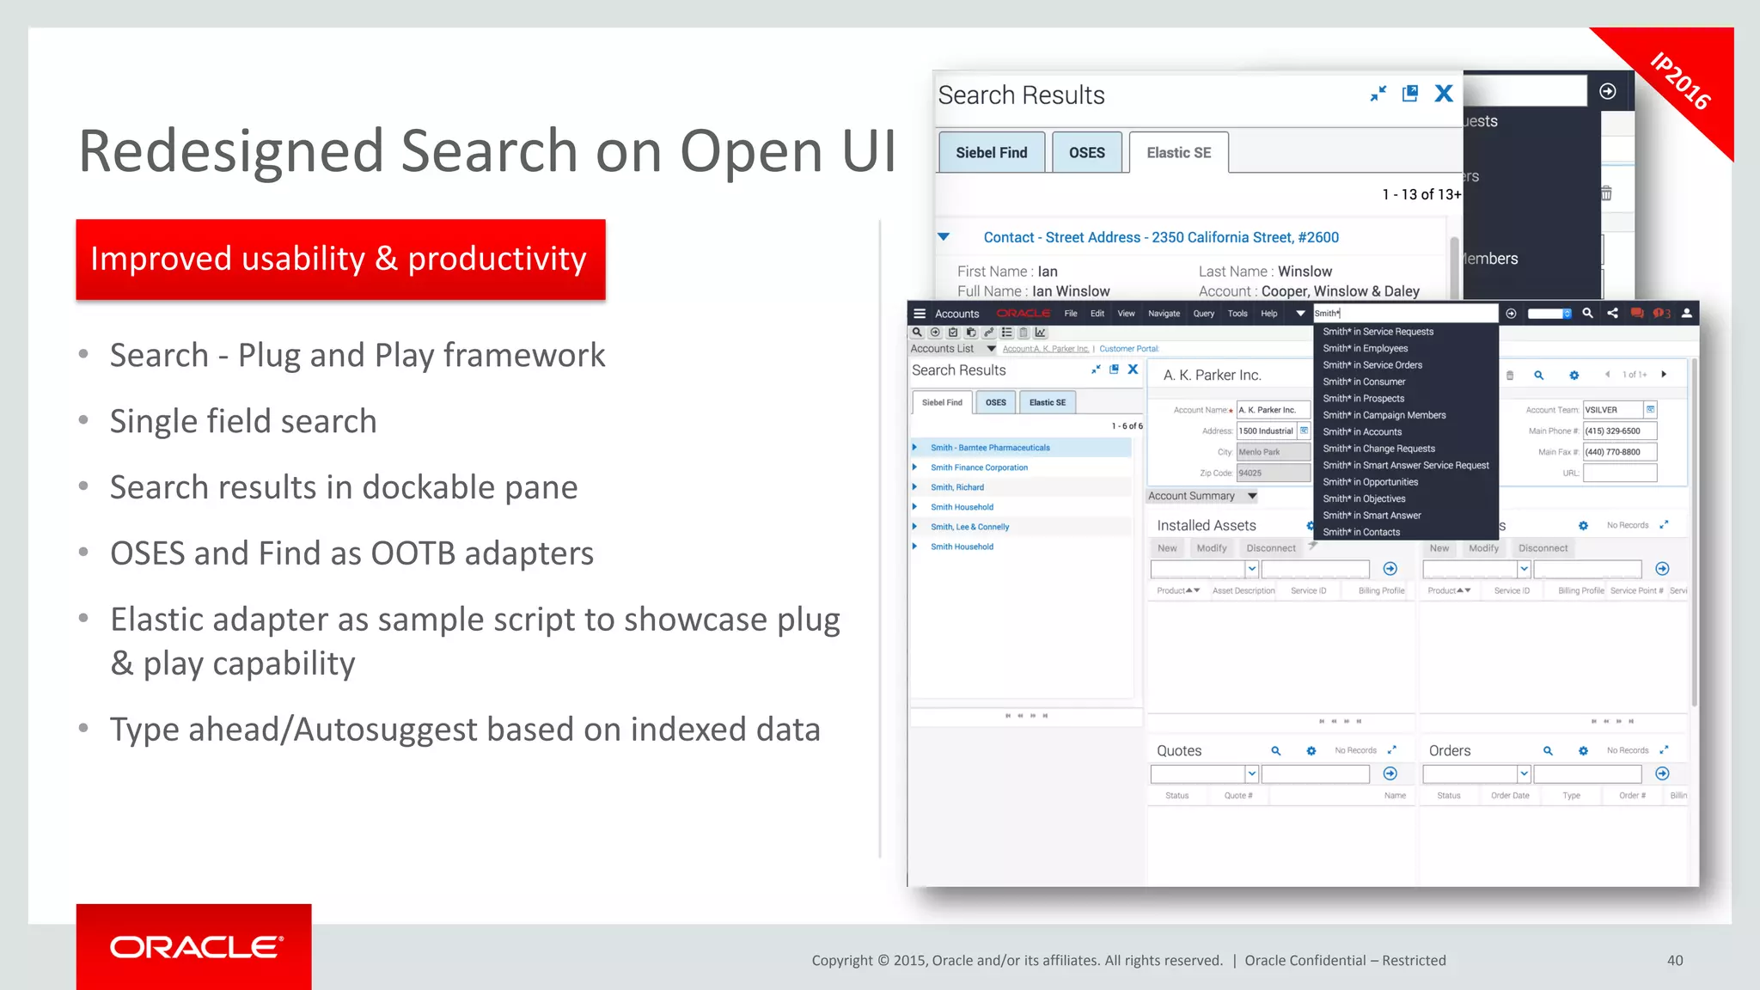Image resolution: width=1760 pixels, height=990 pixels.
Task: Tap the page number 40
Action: point(1675,960)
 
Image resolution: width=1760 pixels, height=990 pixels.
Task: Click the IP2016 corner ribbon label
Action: point(1681,82)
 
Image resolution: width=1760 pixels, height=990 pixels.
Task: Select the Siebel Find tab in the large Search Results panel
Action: point(991,152)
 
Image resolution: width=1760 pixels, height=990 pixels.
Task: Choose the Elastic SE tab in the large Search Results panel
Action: point(1178,152)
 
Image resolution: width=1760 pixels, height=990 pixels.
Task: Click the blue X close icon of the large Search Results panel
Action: point(1444,94)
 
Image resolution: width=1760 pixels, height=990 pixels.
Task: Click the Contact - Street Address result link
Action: point(1161,237)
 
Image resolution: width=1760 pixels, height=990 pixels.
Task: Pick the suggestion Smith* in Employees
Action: point(1365,348)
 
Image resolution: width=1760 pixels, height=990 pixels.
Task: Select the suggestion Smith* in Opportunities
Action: point(1370,482)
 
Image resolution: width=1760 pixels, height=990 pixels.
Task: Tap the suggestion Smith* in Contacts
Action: point(1361,532)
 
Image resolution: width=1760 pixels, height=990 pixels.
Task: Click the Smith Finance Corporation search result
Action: point(979,467)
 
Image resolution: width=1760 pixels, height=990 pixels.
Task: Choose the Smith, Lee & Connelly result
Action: point(969,527)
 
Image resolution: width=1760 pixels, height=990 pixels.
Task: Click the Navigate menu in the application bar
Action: point(1164,314)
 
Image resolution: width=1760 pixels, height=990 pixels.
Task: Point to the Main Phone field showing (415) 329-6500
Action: point(1619,431)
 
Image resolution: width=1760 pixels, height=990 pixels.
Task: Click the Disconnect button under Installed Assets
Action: point(1270,548)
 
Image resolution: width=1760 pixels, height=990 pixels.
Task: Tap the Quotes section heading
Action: point(1179,750)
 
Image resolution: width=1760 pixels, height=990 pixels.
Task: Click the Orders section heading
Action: point(1450,750)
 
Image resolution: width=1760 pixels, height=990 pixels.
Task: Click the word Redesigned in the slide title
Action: point(231,151)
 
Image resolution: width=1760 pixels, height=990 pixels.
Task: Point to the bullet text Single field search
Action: point(243,421)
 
